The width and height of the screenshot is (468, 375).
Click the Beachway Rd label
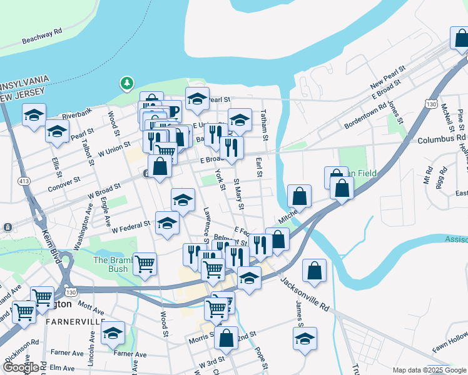(x=42, y=39)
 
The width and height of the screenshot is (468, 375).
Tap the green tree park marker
(x=127, y=82)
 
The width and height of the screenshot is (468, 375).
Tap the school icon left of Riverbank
(x=34, y=115)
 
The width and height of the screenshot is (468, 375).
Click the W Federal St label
(x=131, y=226)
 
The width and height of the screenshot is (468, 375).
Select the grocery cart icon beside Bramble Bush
(x=145, y=264)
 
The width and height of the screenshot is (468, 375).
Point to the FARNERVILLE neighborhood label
(x=76, y=321)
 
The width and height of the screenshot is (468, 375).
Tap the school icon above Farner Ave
(x=113, y=333)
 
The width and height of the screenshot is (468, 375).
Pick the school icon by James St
(x=305, y=339)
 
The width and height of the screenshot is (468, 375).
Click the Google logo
(x=20, y=367)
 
